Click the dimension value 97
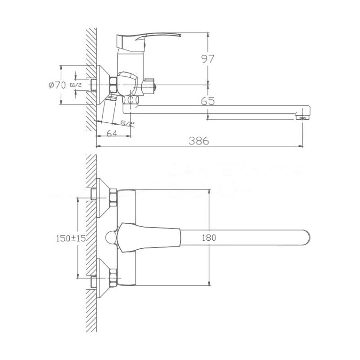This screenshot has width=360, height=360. tap(207, 58)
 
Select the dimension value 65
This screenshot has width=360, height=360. tap(207, 102)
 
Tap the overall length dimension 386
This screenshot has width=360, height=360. tap(199, 140)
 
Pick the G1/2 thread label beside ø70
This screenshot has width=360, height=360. tap(76, 85)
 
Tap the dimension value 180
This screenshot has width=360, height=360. tap(210, 238)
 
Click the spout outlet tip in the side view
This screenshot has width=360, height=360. tap(304, 117)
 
